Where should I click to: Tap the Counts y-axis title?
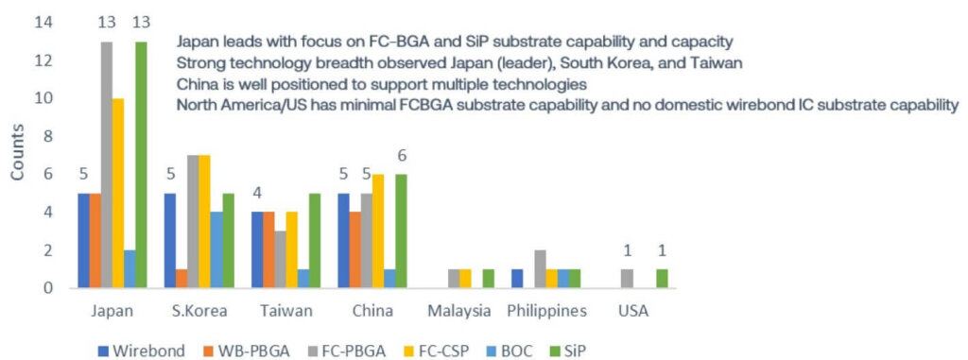17,157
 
